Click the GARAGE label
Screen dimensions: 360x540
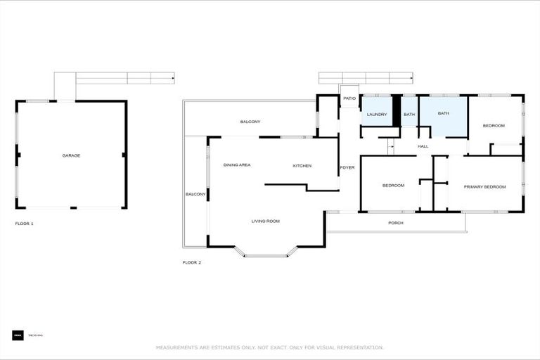pos(71,155)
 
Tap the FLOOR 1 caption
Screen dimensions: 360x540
pos(25,224)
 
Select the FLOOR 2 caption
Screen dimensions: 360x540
pos(192,262)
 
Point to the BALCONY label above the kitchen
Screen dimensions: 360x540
pos(250,122)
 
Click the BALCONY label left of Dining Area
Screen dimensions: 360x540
pos(195,194)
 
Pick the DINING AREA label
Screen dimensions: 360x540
pos(237,165)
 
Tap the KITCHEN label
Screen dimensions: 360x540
pos(302,166)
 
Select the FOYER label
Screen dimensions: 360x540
pos(347,167)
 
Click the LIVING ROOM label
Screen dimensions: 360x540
pos(266,221)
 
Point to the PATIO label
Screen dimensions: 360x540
pos(349,98)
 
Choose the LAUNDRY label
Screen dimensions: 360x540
pos(377,114)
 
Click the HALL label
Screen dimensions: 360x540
pos(423,146)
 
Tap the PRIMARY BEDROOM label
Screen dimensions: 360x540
pos(484,186)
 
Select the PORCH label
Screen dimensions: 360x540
pos(396,223)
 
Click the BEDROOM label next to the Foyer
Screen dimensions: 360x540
pos(393,186)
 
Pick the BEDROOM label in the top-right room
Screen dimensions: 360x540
pos(494,126)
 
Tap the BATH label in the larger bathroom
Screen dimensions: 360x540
pos(444,113)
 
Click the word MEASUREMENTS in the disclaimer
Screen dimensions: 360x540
pos(179,347)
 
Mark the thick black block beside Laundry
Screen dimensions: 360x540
pos(396,110)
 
